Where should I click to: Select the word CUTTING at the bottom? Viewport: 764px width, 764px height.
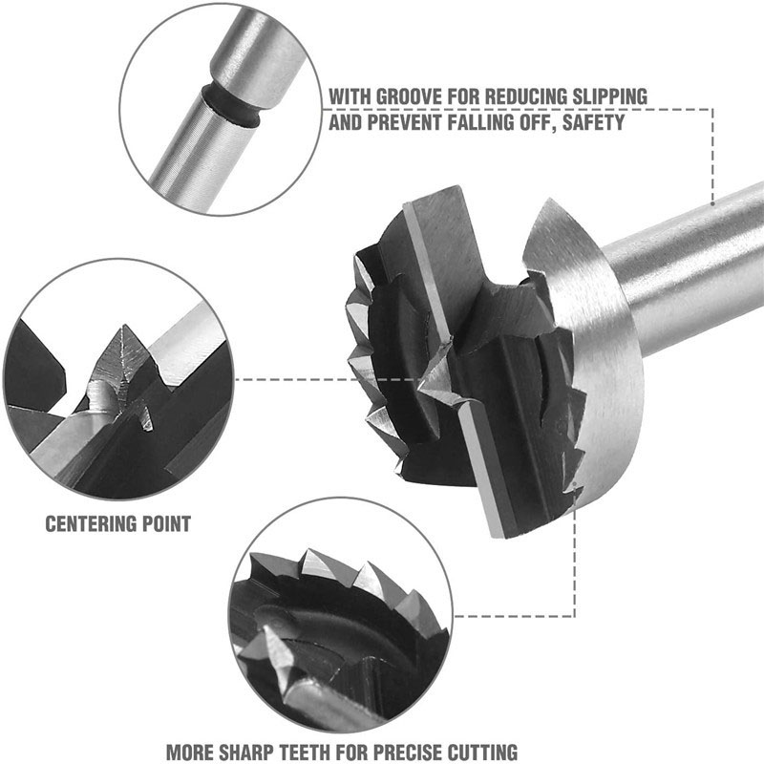pyautogui.click(x=484, y=751)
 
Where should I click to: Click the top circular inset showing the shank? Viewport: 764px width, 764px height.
pyautogui.click(x=220, y=105)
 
